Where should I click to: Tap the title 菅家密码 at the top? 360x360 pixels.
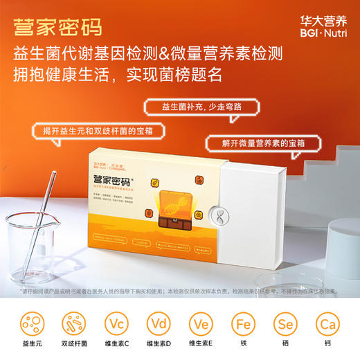click(x=57, y=27)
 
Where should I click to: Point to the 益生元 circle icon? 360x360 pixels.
click(x=30, y=324)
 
